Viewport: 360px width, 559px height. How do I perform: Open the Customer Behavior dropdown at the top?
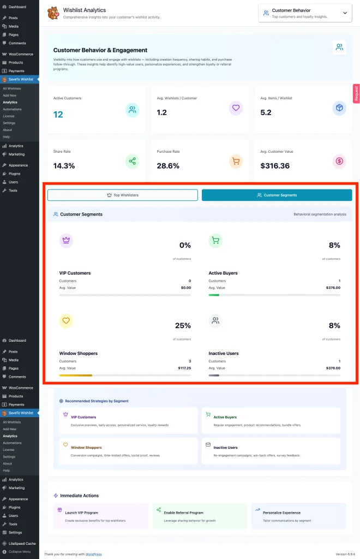tap(305, 13)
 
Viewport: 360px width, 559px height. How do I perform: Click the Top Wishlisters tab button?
tap(123, 195)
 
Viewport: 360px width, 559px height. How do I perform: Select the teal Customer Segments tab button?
tap(277, 195)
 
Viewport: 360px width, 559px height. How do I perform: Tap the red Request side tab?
tap(356, 93)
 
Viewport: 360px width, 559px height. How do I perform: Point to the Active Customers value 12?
tap(58, 115)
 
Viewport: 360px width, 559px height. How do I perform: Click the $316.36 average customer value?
tap(275, 165)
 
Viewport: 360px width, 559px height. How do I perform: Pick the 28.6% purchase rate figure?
tap(169, 165)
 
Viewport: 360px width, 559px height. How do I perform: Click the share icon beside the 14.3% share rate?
tap(132, 161)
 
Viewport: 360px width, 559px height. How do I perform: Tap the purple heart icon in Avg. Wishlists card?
tap(236, 108)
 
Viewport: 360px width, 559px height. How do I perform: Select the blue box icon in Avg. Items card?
tap(339, 108)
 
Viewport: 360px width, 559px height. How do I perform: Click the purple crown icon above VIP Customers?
tap(66, 240)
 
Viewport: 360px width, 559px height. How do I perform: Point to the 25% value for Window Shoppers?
tap(183, 325)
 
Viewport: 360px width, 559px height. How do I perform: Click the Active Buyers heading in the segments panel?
tap(223, 273)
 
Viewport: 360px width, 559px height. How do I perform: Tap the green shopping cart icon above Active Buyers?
tap(215, 240)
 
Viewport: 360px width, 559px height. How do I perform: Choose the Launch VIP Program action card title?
tap(82, 513)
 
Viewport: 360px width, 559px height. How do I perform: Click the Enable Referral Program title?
tap(184, 513)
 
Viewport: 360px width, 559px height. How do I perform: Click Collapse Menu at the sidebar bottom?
tap(20, 551)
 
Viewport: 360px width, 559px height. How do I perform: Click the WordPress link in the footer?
tap(94, 554)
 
